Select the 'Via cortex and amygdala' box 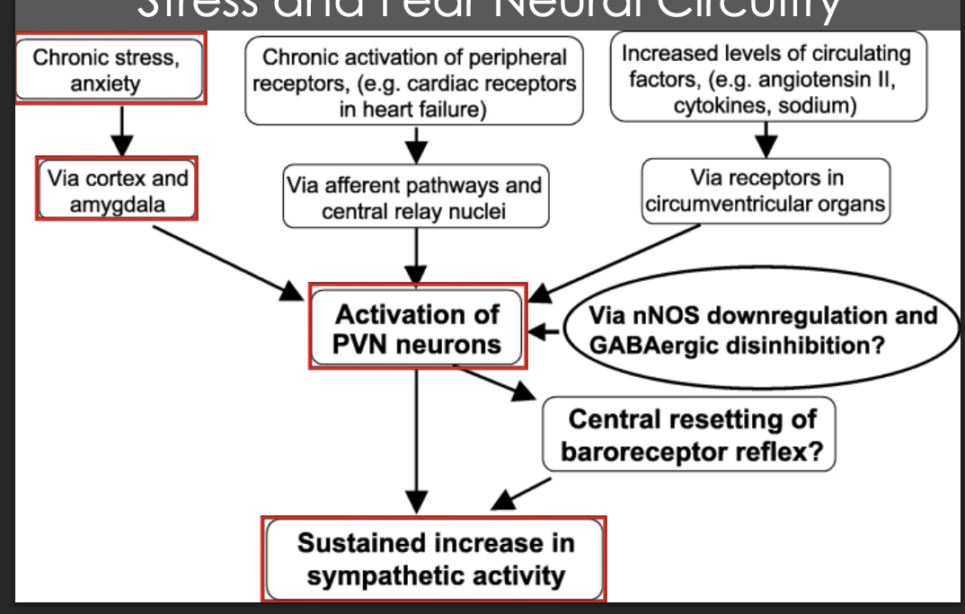117,190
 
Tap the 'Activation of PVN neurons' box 417,329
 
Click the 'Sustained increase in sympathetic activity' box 434,558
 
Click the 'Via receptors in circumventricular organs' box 766,190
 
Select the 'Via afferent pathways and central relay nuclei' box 414,198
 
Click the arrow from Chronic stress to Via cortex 121,130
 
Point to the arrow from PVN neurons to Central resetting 494,382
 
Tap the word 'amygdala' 117,205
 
